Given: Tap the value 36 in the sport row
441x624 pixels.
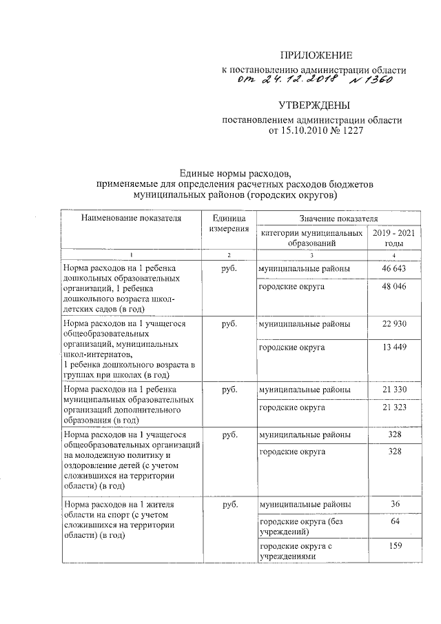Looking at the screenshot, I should pos(394,505).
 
